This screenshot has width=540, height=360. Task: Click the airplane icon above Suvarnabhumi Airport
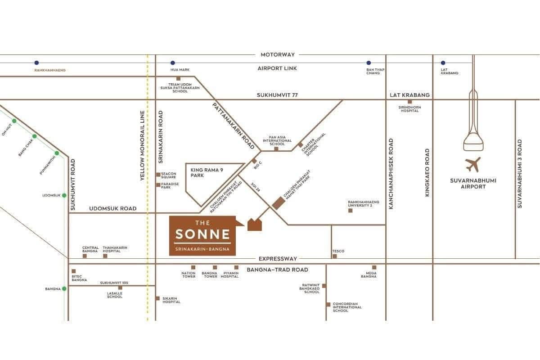tap(473, 165)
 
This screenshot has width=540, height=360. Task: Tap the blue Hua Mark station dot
tap(172, 63)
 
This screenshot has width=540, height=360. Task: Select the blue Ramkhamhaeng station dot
tap(36, 63)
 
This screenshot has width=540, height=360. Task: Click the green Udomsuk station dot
tap(64, 195)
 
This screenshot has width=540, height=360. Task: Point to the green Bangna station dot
tap(64, 288)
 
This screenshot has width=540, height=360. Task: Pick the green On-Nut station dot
tap(14, 121)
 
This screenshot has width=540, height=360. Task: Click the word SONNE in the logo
tap(202, 234)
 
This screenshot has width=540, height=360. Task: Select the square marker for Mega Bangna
tap(374, 267)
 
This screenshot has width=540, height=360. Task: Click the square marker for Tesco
tap(334, 256)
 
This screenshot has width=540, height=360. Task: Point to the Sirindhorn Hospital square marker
tap(409, 102)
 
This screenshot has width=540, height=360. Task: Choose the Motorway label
tap(278, 54)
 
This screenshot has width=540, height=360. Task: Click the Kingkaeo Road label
tap(427, 172)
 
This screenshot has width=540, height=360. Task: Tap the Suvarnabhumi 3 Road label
tap(520, 173)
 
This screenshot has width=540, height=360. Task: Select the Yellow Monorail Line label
tap(143, 146)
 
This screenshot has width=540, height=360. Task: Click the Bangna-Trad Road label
tap(277, 270)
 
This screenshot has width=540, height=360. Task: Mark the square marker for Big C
tap(254, 161)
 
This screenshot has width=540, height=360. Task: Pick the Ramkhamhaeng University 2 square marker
tap(351, 210)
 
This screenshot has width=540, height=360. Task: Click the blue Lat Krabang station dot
tap(443, 63)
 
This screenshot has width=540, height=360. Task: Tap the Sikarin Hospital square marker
tap(157, 298)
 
